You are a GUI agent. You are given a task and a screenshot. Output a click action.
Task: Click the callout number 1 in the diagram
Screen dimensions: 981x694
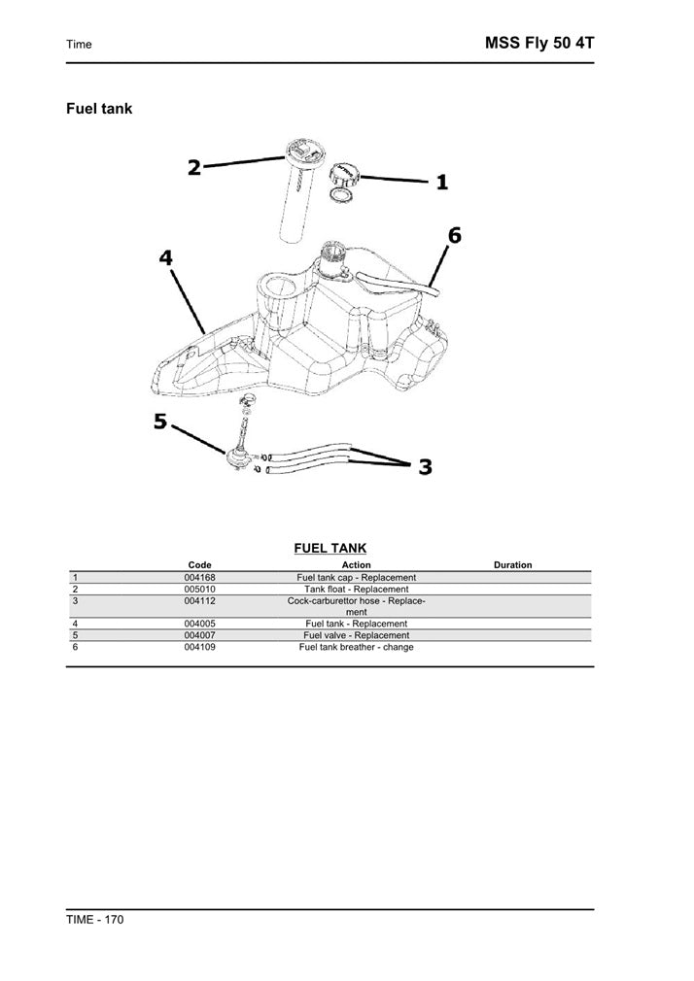[441, 182]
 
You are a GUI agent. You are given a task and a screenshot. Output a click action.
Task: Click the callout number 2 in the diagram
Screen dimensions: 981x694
[194, 167]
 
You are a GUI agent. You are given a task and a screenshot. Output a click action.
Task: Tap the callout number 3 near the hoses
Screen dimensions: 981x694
[425, 468]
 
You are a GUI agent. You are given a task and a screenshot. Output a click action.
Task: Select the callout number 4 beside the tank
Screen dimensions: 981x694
[166, 257]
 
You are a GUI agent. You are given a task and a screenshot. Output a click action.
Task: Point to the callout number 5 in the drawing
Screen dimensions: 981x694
[160, 422]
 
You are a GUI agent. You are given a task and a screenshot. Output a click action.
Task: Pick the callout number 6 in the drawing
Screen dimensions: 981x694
[454, 235]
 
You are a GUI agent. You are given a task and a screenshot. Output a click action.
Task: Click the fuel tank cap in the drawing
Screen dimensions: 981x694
[344, 177]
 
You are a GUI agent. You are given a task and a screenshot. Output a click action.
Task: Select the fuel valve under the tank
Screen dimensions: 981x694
[237, 458]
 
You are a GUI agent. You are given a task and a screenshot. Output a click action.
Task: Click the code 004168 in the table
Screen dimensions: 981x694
[199, 578]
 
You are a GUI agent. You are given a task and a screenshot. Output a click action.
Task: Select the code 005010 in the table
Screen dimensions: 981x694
[199, 590]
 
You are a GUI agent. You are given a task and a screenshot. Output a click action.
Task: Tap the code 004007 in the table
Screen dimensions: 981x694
[199, 635]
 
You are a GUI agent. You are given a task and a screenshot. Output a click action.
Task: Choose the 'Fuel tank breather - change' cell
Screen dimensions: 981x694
[356, 647]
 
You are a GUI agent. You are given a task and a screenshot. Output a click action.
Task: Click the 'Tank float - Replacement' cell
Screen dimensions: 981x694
[356, 590]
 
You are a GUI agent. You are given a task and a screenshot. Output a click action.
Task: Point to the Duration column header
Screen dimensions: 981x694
[512, 565]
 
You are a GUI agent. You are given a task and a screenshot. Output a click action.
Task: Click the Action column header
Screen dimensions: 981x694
[356, 565]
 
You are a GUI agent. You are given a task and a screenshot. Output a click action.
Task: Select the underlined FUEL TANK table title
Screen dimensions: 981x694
[330, 549]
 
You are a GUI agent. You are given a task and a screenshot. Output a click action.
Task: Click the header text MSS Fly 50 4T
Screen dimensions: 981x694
[538, 43]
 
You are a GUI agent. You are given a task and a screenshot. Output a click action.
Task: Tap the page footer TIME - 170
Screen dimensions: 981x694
[94, 919]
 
